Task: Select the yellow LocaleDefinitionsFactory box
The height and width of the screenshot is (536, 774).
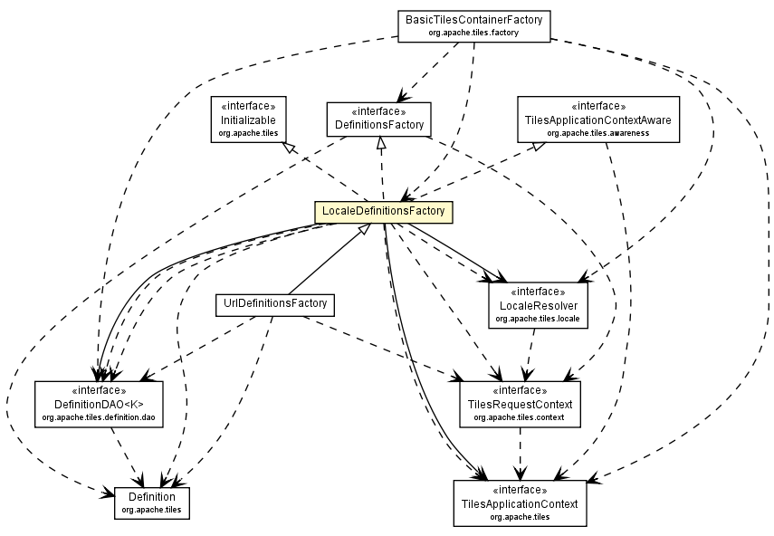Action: (383, 212)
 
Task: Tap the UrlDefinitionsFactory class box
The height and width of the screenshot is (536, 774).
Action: (274, 304)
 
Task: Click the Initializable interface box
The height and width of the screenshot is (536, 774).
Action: (248, 119)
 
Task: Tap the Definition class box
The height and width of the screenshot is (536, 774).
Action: (151, 502)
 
